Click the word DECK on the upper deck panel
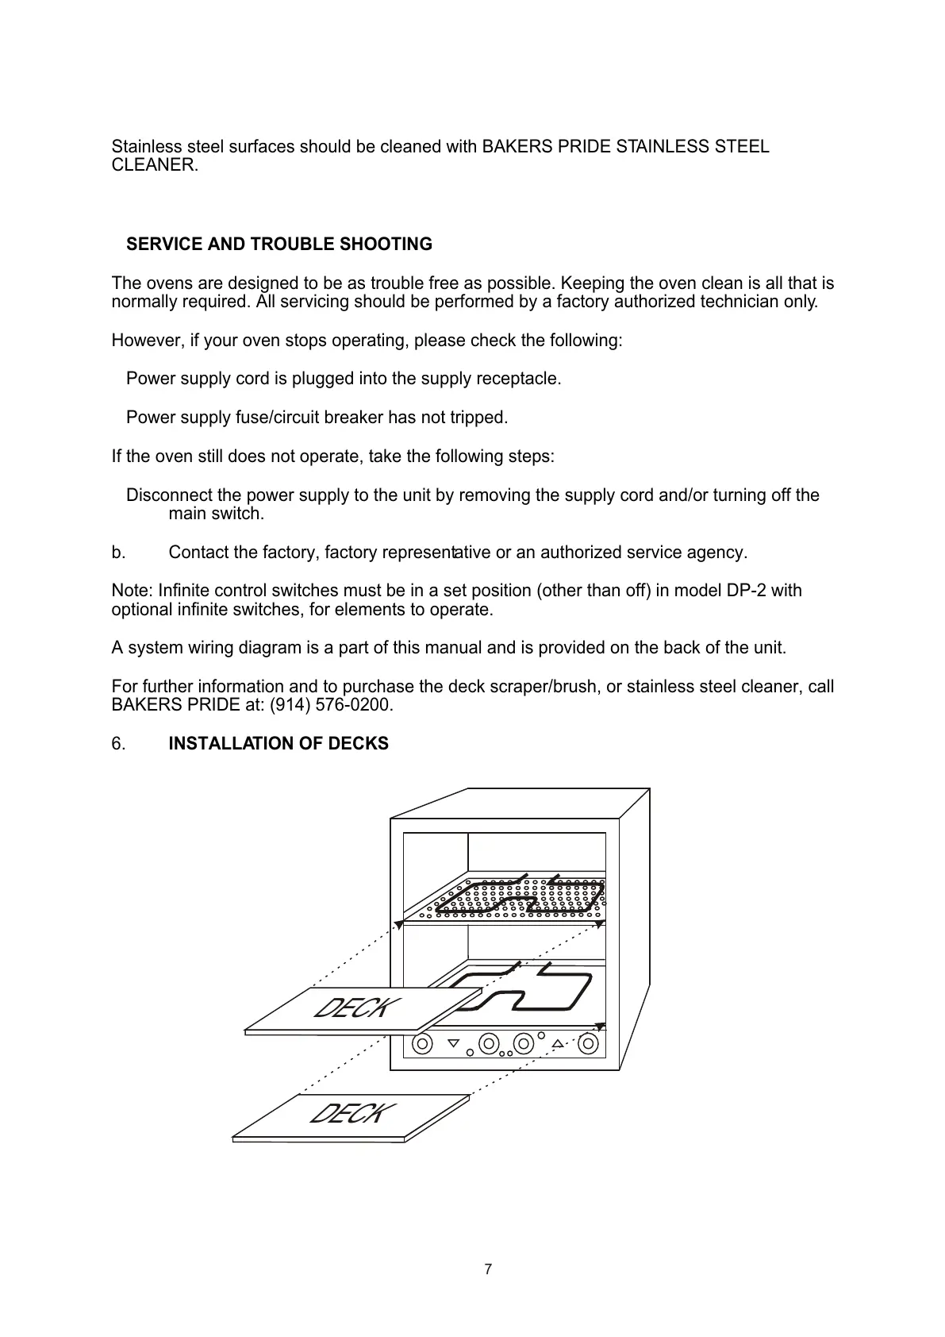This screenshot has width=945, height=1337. [352, 1008]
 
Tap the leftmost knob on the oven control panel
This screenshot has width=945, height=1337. [423, 1044]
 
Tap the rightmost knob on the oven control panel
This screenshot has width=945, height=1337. [588, 1044]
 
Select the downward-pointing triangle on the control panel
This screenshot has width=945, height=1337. [453, 1043]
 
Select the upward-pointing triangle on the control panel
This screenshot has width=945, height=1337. [558, 1043]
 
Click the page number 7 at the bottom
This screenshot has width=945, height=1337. [488, 1270]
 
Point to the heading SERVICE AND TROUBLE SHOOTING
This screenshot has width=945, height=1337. [279, 245]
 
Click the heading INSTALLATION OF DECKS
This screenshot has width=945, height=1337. [279, 744]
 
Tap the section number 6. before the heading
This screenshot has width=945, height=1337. [118, 744]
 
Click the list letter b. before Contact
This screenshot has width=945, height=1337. [118, 553]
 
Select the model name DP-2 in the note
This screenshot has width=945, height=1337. [747, 591]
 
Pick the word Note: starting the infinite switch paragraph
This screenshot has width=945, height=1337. [133, 591]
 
